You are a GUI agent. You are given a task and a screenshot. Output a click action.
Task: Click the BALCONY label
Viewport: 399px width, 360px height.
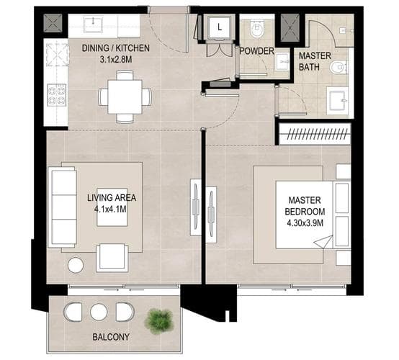pos(111,337)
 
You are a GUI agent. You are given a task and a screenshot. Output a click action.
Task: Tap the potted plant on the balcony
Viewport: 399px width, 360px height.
pos(159,321)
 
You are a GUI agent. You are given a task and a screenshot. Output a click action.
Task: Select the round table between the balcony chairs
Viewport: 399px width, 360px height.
pos(99,312)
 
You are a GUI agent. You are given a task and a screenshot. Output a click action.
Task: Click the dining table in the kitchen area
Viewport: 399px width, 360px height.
pos(125,96)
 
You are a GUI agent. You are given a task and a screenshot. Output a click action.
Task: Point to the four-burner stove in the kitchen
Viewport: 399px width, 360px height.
pos(56,94)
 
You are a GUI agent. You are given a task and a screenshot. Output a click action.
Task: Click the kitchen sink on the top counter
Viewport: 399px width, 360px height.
pos(93,24)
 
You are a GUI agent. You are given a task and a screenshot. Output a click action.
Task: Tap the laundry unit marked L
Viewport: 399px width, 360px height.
pos(220,27)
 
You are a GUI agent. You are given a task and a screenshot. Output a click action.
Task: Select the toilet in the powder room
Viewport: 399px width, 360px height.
pos(257,29)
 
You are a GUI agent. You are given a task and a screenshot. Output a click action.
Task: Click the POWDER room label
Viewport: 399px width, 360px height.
pos(256,51)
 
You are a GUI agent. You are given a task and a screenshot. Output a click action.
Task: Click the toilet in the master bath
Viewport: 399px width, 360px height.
pos(339,68)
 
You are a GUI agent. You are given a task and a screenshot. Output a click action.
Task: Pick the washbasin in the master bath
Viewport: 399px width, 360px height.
pos(338,101)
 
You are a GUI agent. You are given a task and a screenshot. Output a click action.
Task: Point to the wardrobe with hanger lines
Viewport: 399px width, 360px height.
pos(315,134)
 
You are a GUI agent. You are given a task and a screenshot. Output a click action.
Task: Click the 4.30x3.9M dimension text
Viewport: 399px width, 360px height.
pos(305,223)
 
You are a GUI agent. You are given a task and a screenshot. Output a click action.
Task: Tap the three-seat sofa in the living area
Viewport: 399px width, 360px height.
pos(63,207)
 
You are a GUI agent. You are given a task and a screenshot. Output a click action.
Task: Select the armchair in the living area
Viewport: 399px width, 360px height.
pos(112,258)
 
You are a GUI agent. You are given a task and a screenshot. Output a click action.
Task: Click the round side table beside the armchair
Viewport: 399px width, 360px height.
pos(76,266)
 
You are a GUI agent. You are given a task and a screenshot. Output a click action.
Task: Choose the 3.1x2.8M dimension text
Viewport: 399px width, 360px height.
pos(116,60)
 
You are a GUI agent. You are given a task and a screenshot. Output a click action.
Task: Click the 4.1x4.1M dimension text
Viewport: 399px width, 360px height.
pos(110,210)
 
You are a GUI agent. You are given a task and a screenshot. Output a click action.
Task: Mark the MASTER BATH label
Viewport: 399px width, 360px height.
pos(315,61)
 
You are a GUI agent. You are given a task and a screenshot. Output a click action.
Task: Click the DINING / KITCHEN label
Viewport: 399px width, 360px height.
pos(115,48)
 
